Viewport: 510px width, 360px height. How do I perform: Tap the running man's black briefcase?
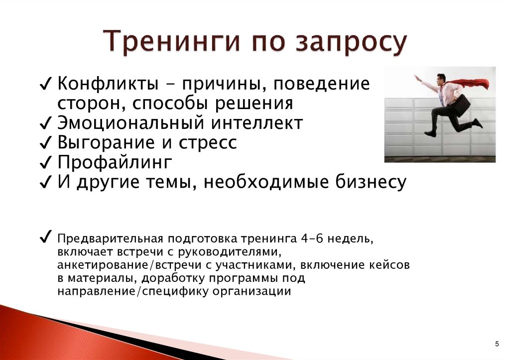tap(461, 104)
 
